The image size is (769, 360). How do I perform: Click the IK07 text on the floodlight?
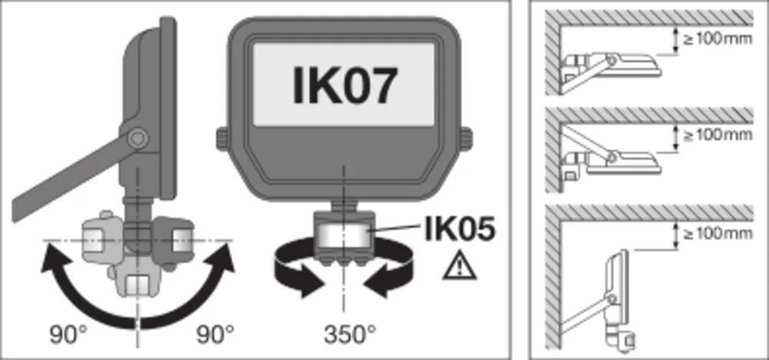click(x=344, y=86)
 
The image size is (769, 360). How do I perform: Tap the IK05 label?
click(x=460, y=229)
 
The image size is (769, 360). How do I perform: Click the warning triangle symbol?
click(x=460, y=265)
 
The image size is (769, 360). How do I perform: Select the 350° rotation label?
click(x=350, y=335)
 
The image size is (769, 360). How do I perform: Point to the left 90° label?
click(x=68, y=335)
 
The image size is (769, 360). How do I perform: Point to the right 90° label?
click(x=215, y=335)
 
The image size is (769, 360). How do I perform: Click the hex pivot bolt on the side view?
click(x=138, y=138)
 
